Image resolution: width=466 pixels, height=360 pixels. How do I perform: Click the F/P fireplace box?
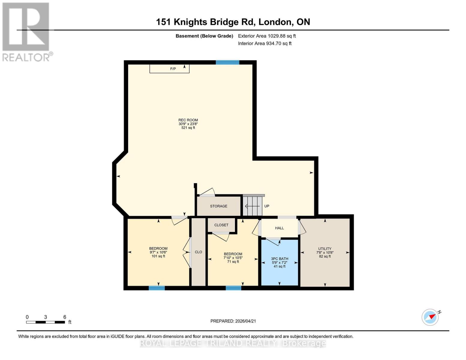coord(169,69)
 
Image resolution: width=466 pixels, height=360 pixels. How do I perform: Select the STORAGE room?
coord(218,206)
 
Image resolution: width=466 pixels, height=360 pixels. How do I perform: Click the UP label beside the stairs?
coord(267,206)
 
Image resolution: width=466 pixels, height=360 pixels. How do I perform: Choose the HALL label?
coord(279,228)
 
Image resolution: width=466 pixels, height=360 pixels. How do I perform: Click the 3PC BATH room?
coord(280,262)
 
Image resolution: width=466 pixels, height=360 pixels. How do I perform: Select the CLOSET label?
coord(221,225)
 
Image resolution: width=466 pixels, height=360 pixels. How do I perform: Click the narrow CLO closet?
coord(198,252)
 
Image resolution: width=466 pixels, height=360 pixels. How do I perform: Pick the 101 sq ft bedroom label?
coord(158,252)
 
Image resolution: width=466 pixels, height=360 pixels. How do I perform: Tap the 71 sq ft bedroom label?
coord(233,258)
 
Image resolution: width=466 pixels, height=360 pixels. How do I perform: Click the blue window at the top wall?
coord(227,62)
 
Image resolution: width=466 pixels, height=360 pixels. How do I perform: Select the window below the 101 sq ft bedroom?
coord(157,288)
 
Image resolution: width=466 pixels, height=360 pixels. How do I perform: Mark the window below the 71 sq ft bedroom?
coord(233,288)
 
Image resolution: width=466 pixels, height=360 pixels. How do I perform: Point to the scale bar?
coord(45,322)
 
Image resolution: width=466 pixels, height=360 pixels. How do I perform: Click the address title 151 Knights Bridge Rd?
coord(233,22)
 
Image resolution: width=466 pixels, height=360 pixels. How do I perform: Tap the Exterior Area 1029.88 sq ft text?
coord(267,36)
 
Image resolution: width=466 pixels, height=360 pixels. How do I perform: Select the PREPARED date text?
coord(233,321)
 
